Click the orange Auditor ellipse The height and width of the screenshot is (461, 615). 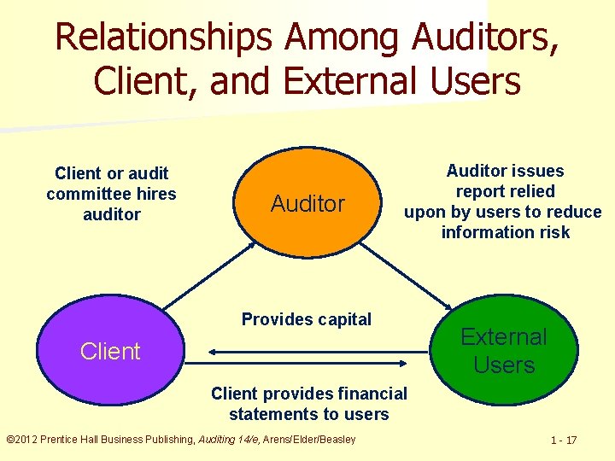pos(307,203)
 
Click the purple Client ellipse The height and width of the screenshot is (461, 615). pos(109,351)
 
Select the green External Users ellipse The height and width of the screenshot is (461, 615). pos(503,351)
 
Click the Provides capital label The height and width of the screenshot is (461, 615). pos(307,319)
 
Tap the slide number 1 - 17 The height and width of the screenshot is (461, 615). pos(564,441)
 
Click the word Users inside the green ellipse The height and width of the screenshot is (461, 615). pos(504,365)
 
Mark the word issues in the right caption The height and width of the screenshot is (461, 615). pos(537,171)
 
